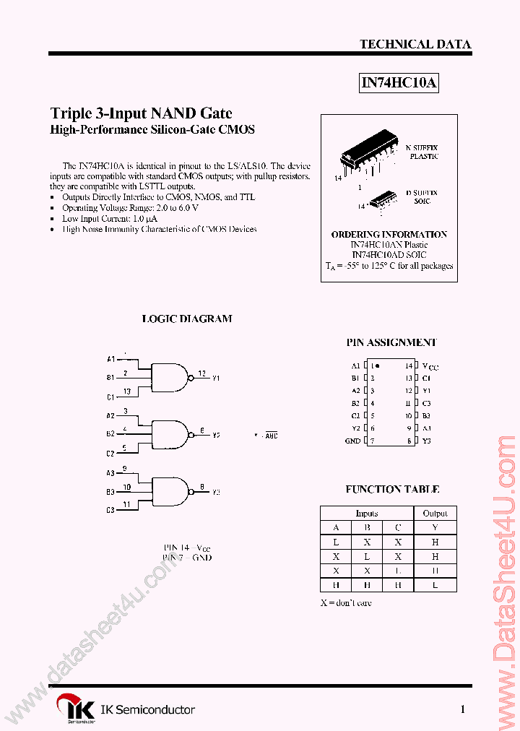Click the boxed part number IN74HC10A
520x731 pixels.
click(399, 83)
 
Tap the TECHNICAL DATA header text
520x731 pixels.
click(415, 44)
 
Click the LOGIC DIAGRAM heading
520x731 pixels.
click(186, 319)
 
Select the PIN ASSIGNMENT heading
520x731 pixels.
click(391, 342)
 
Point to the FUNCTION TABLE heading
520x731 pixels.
click(392, 489)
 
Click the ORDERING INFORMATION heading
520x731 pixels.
click(389, 234)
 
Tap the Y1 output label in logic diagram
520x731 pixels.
click(217, 378)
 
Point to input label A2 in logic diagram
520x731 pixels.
click(110, 416)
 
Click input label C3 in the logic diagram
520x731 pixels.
click(110, 510)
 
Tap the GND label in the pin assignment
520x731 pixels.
click(352, 441)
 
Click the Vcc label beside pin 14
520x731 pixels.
click(430, 366)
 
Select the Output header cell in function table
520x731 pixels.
click(435, 513)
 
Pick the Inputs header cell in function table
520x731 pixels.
click(367, 513)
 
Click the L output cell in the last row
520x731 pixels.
click(435, 585)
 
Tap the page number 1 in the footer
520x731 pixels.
click(462, 709)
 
